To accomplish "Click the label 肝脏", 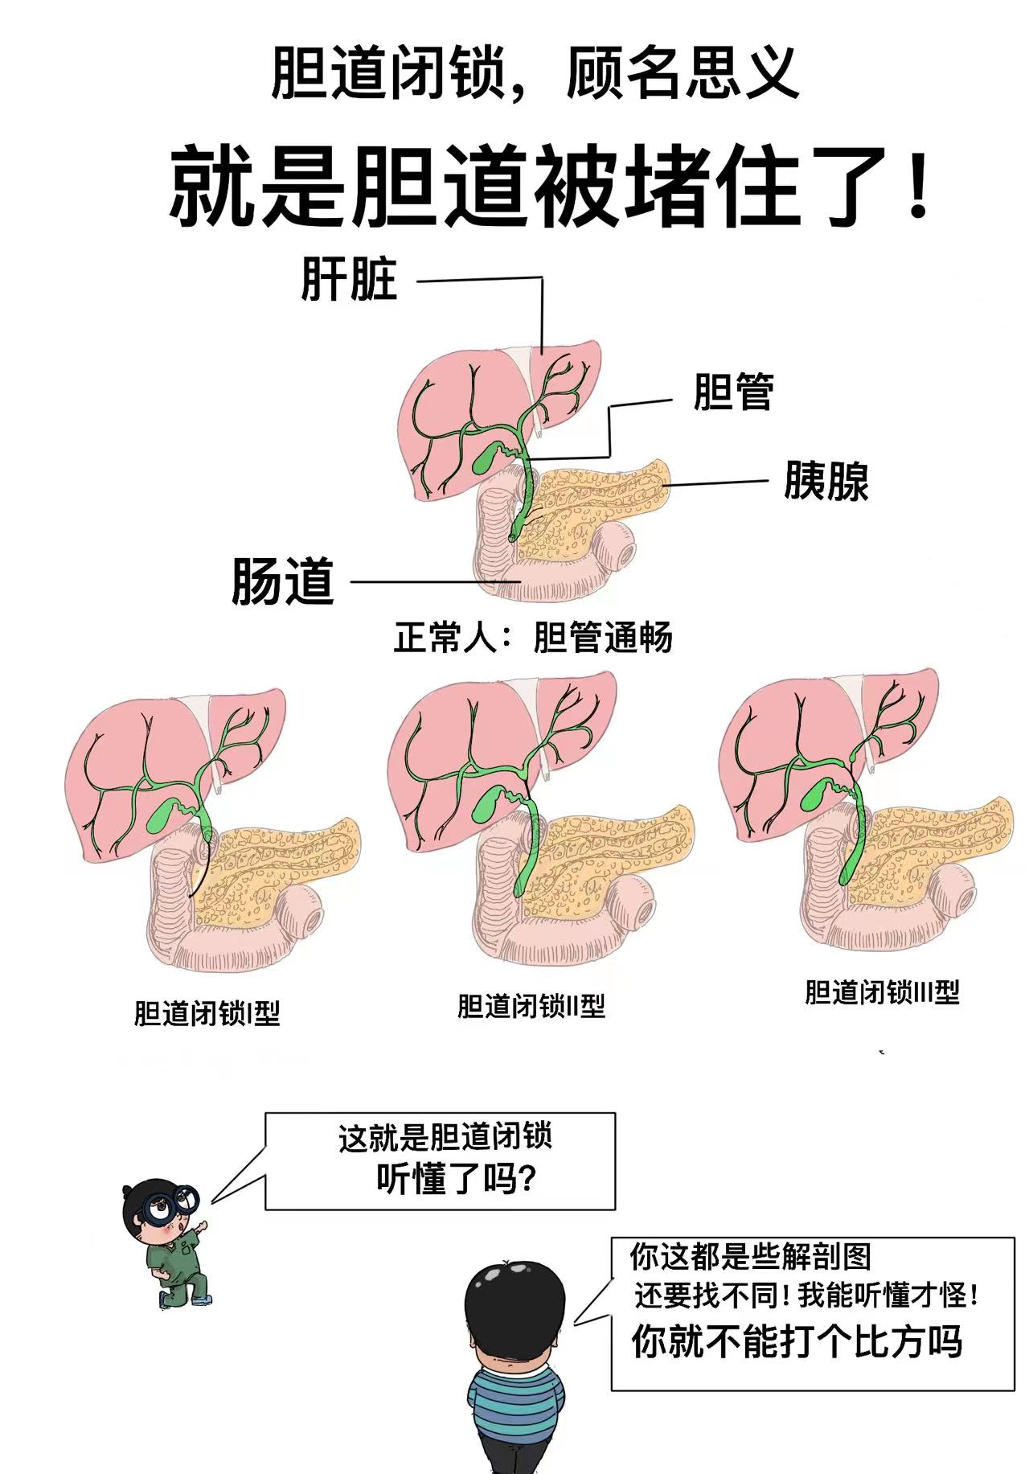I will [349, 280].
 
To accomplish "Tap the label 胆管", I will [733, 392].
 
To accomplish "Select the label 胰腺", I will [826, 481].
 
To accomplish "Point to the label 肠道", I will [282, 581].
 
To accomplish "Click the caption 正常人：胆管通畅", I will [533, 638].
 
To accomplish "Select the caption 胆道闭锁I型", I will [207, 1013].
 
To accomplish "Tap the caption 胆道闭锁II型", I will [531, 1006].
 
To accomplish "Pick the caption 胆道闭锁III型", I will [882, 992].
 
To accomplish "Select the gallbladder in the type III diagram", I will [814, 798].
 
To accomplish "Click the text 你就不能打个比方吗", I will [796, 1341].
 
